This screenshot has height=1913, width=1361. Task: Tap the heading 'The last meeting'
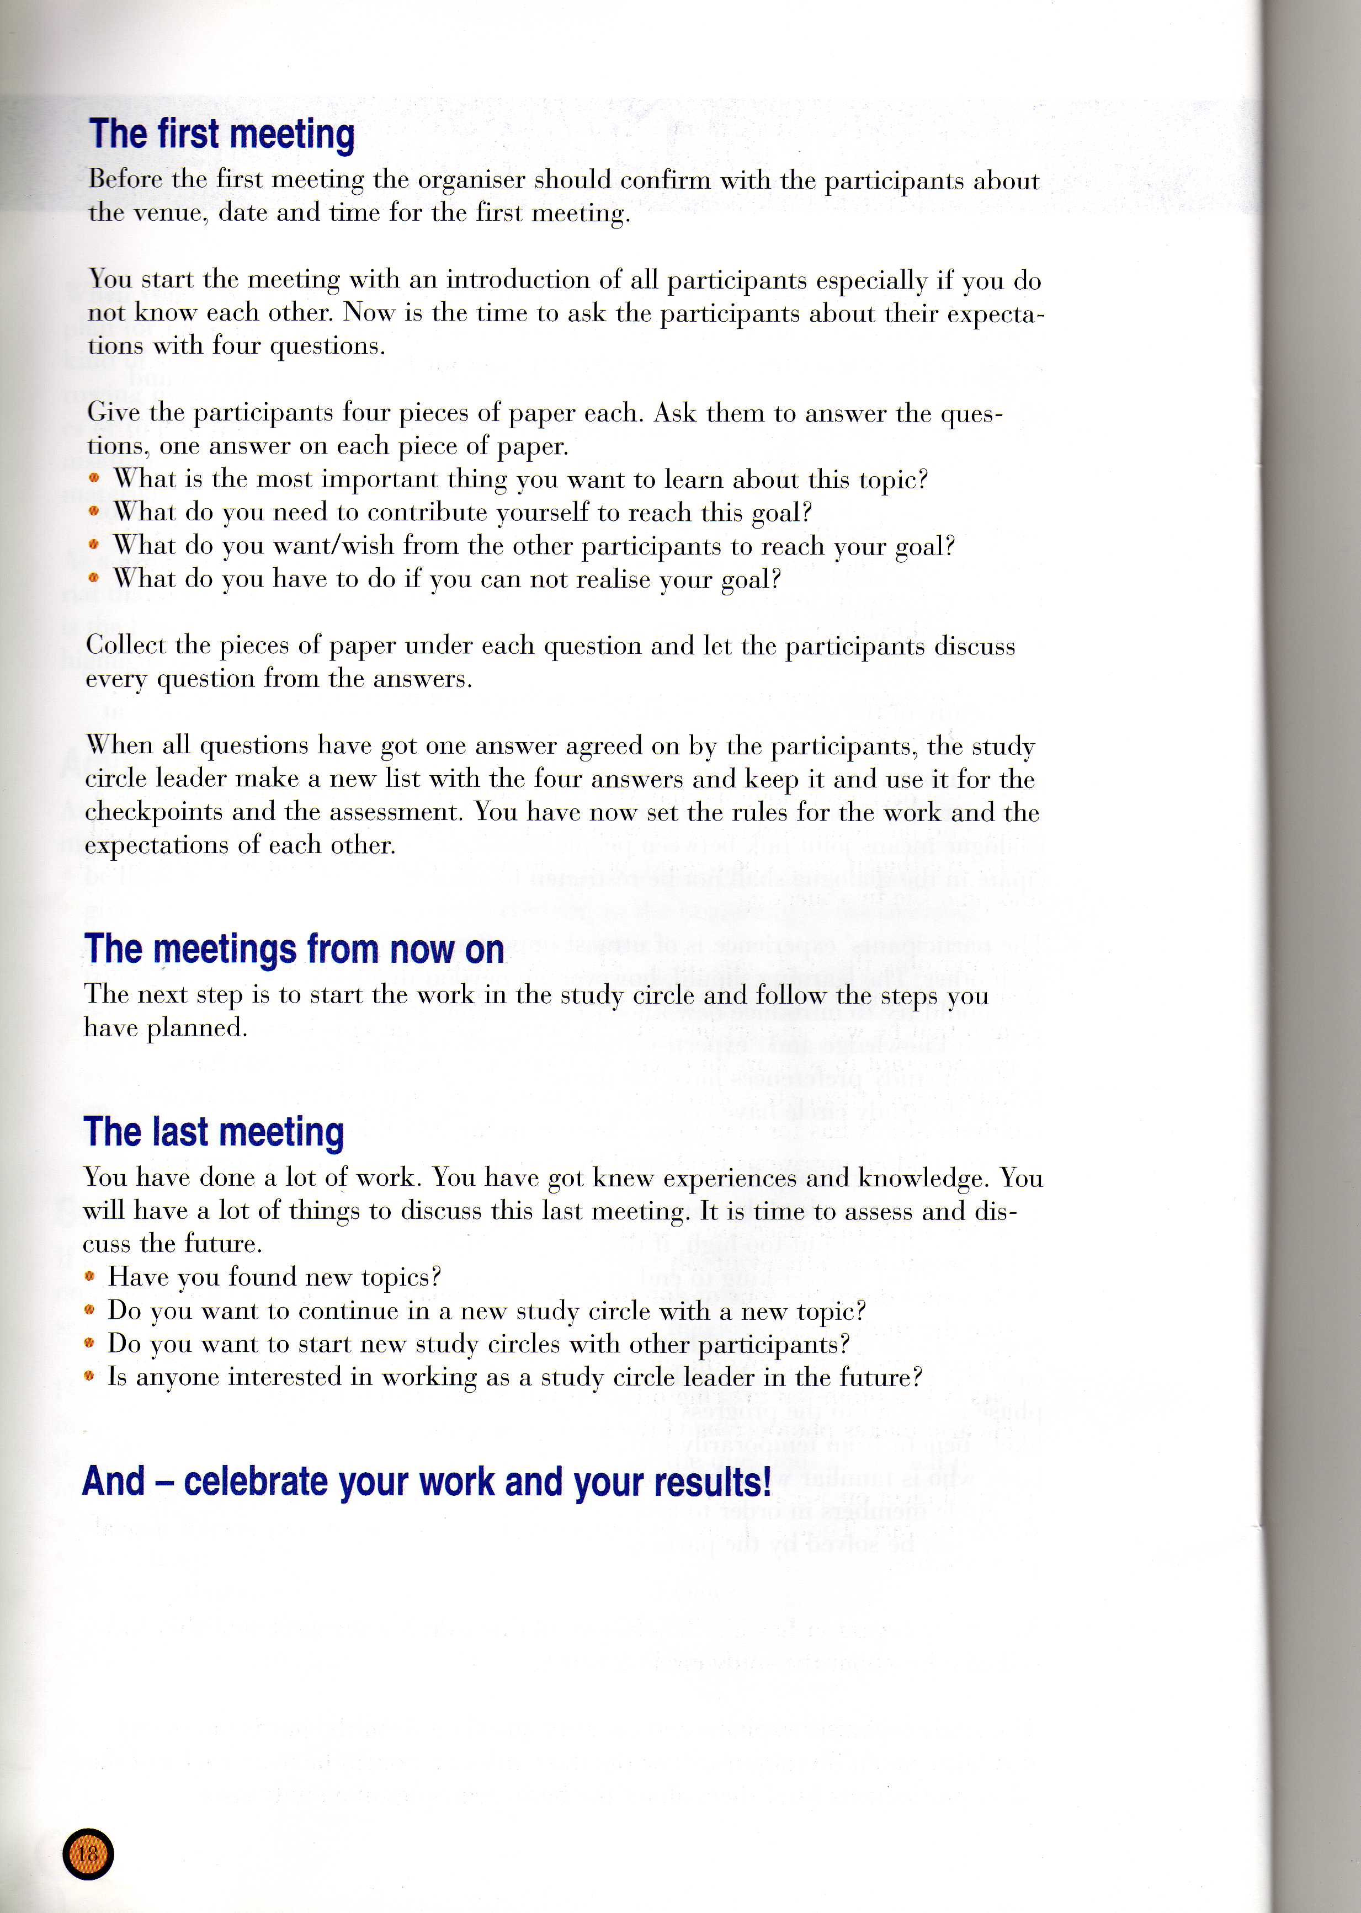click(x=214, y=1132)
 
